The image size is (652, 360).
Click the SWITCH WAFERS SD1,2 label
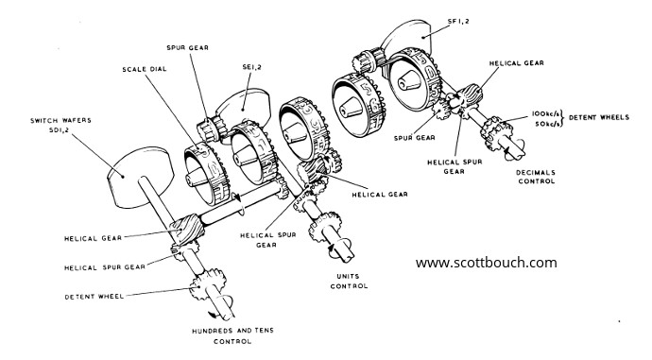click(60, 125)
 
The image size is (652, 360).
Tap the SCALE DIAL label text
click(145, 69)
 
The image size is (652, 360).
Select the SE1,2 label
click(251, 67)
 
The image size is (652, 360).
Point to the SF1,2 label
click(457, 21)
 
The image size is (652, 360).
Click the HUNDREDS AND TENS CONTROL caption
click(232, 335)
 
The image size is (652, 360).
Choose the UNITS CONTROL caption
click(349, 281)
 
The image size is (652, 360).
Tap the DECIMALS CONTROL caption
click(537, 177)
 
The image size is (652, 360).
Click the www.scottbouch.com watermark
click(486, 263)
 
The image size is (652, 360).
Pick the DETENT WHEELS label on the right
click(599, 118)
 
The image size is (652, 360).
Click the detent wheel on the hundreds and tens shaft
click(208, 283)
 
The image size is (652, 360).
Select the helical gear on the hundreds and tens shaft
click(187, 229)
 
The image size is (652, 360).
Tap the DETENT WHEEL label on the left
click(94, 297)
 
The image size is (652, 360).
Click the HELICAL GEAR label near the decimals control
click(517, 63)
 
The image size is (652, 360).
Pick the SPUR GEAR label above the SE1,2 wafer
click(187, 48)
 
